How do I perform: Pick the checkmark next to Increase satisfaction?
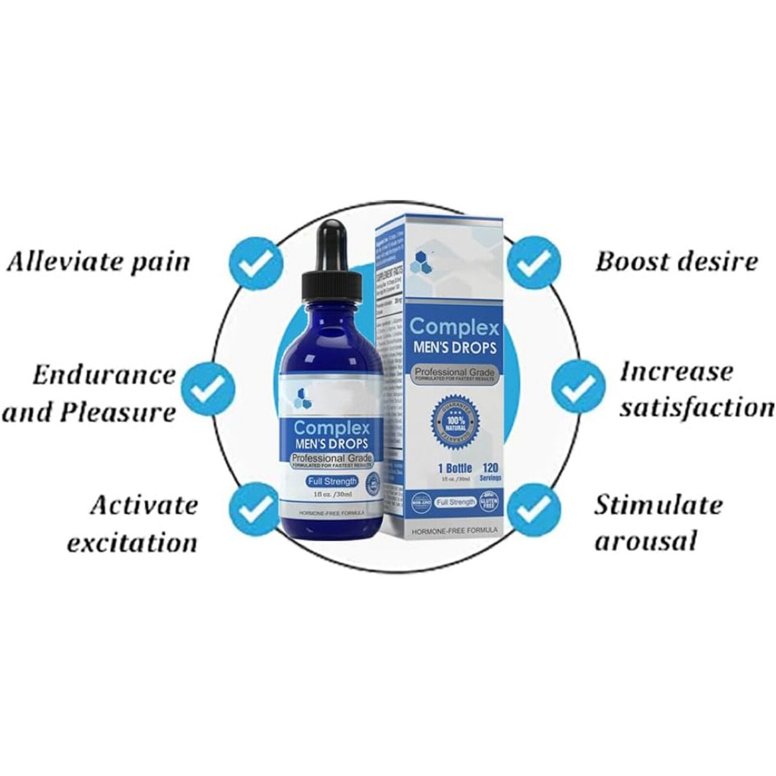[579, 387]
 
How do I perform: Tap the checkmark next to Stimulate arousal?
[534, 510]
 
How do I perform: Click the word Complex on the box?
[454, 328]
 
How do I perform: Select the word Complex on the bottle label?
[332, 428]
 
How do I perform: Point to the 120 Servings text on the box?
[491, 471]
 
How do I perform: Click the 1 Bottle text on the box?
[454, 469]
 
